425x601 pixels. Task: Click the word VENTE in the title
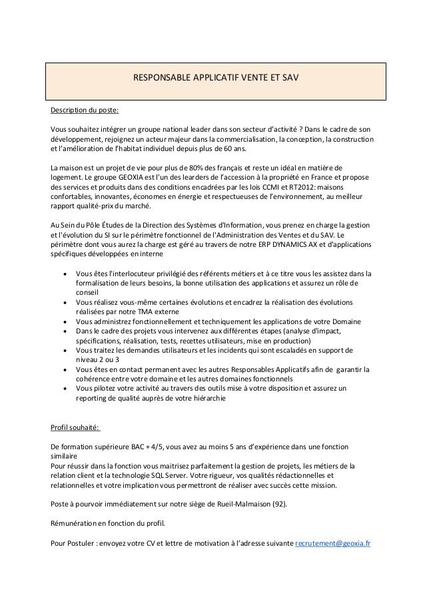coord(252,79)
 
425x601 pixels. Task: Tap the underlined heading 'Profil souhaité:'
coord(77,427)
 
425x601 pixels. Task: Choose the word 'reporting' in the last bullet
coord(94,399)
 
